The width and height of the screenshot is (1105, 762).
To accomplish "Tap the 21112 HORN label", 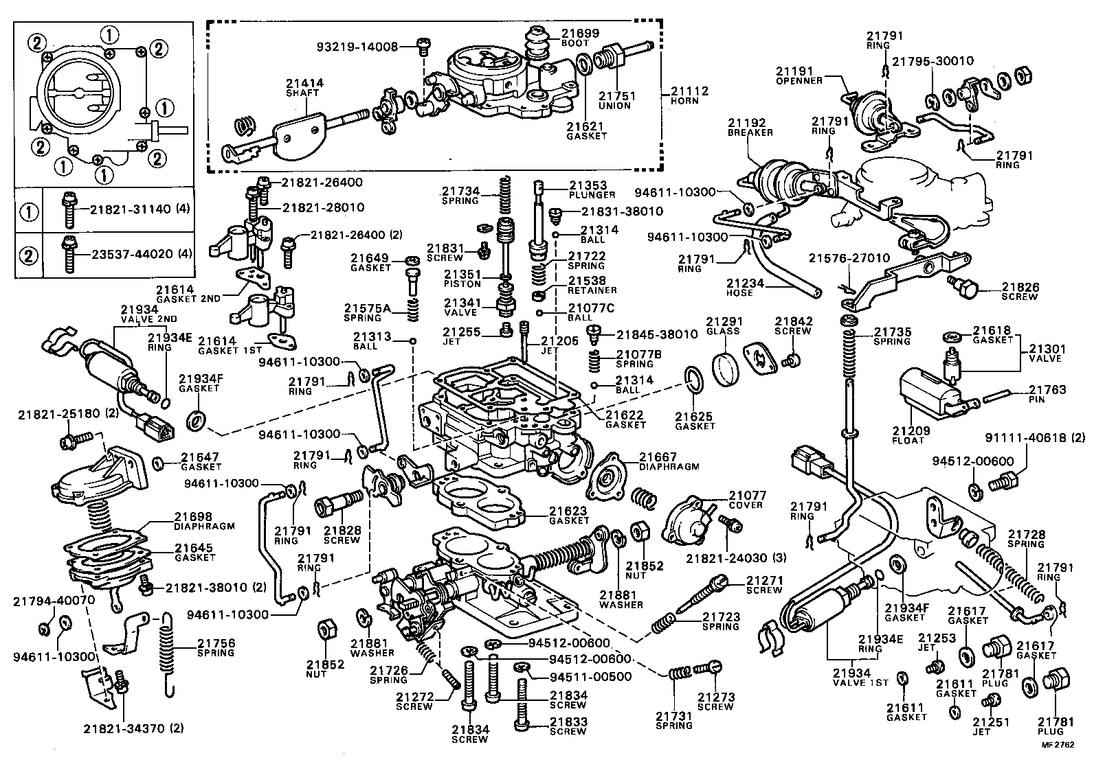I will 689,95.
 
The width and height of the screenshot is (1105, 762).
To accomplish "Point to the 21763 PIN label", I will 1047,394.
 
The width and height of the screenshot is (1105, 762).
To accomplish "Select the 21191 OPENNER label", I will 799,75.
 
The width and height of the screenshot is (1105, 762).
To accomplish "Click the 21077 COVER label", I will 747,499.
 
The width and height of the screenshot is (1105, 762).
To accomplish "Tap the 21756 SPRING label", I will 216,647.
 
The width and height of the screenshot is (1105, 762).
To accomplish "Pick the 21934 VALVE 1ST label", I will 861,678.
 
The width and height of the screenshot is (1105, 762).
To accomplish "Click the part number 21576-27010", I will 849,258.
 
